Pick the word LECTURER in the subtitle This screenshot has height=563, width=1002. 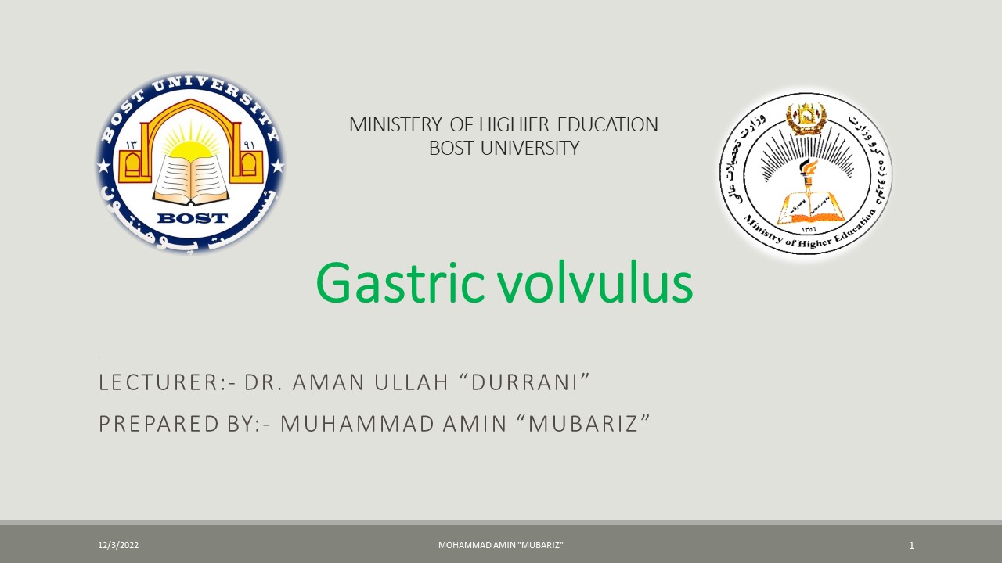click(155, 382)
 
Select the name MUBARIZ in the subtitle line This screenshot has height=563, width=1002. click(590, 423)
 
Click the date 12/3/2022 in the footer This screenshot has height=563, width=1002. click(118, 545)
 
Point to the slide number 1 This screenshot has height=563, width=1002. click(911, 545)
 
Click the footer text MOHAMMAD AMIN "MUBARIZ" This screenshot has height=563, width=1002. click(501, 545)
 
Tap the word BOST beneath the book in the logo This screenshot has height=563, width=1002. click(192, 218)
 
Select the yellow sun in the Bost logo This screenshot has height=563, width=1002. click(191, 146)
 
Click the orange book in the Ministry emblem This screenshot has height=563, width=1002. click(810, 206)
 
